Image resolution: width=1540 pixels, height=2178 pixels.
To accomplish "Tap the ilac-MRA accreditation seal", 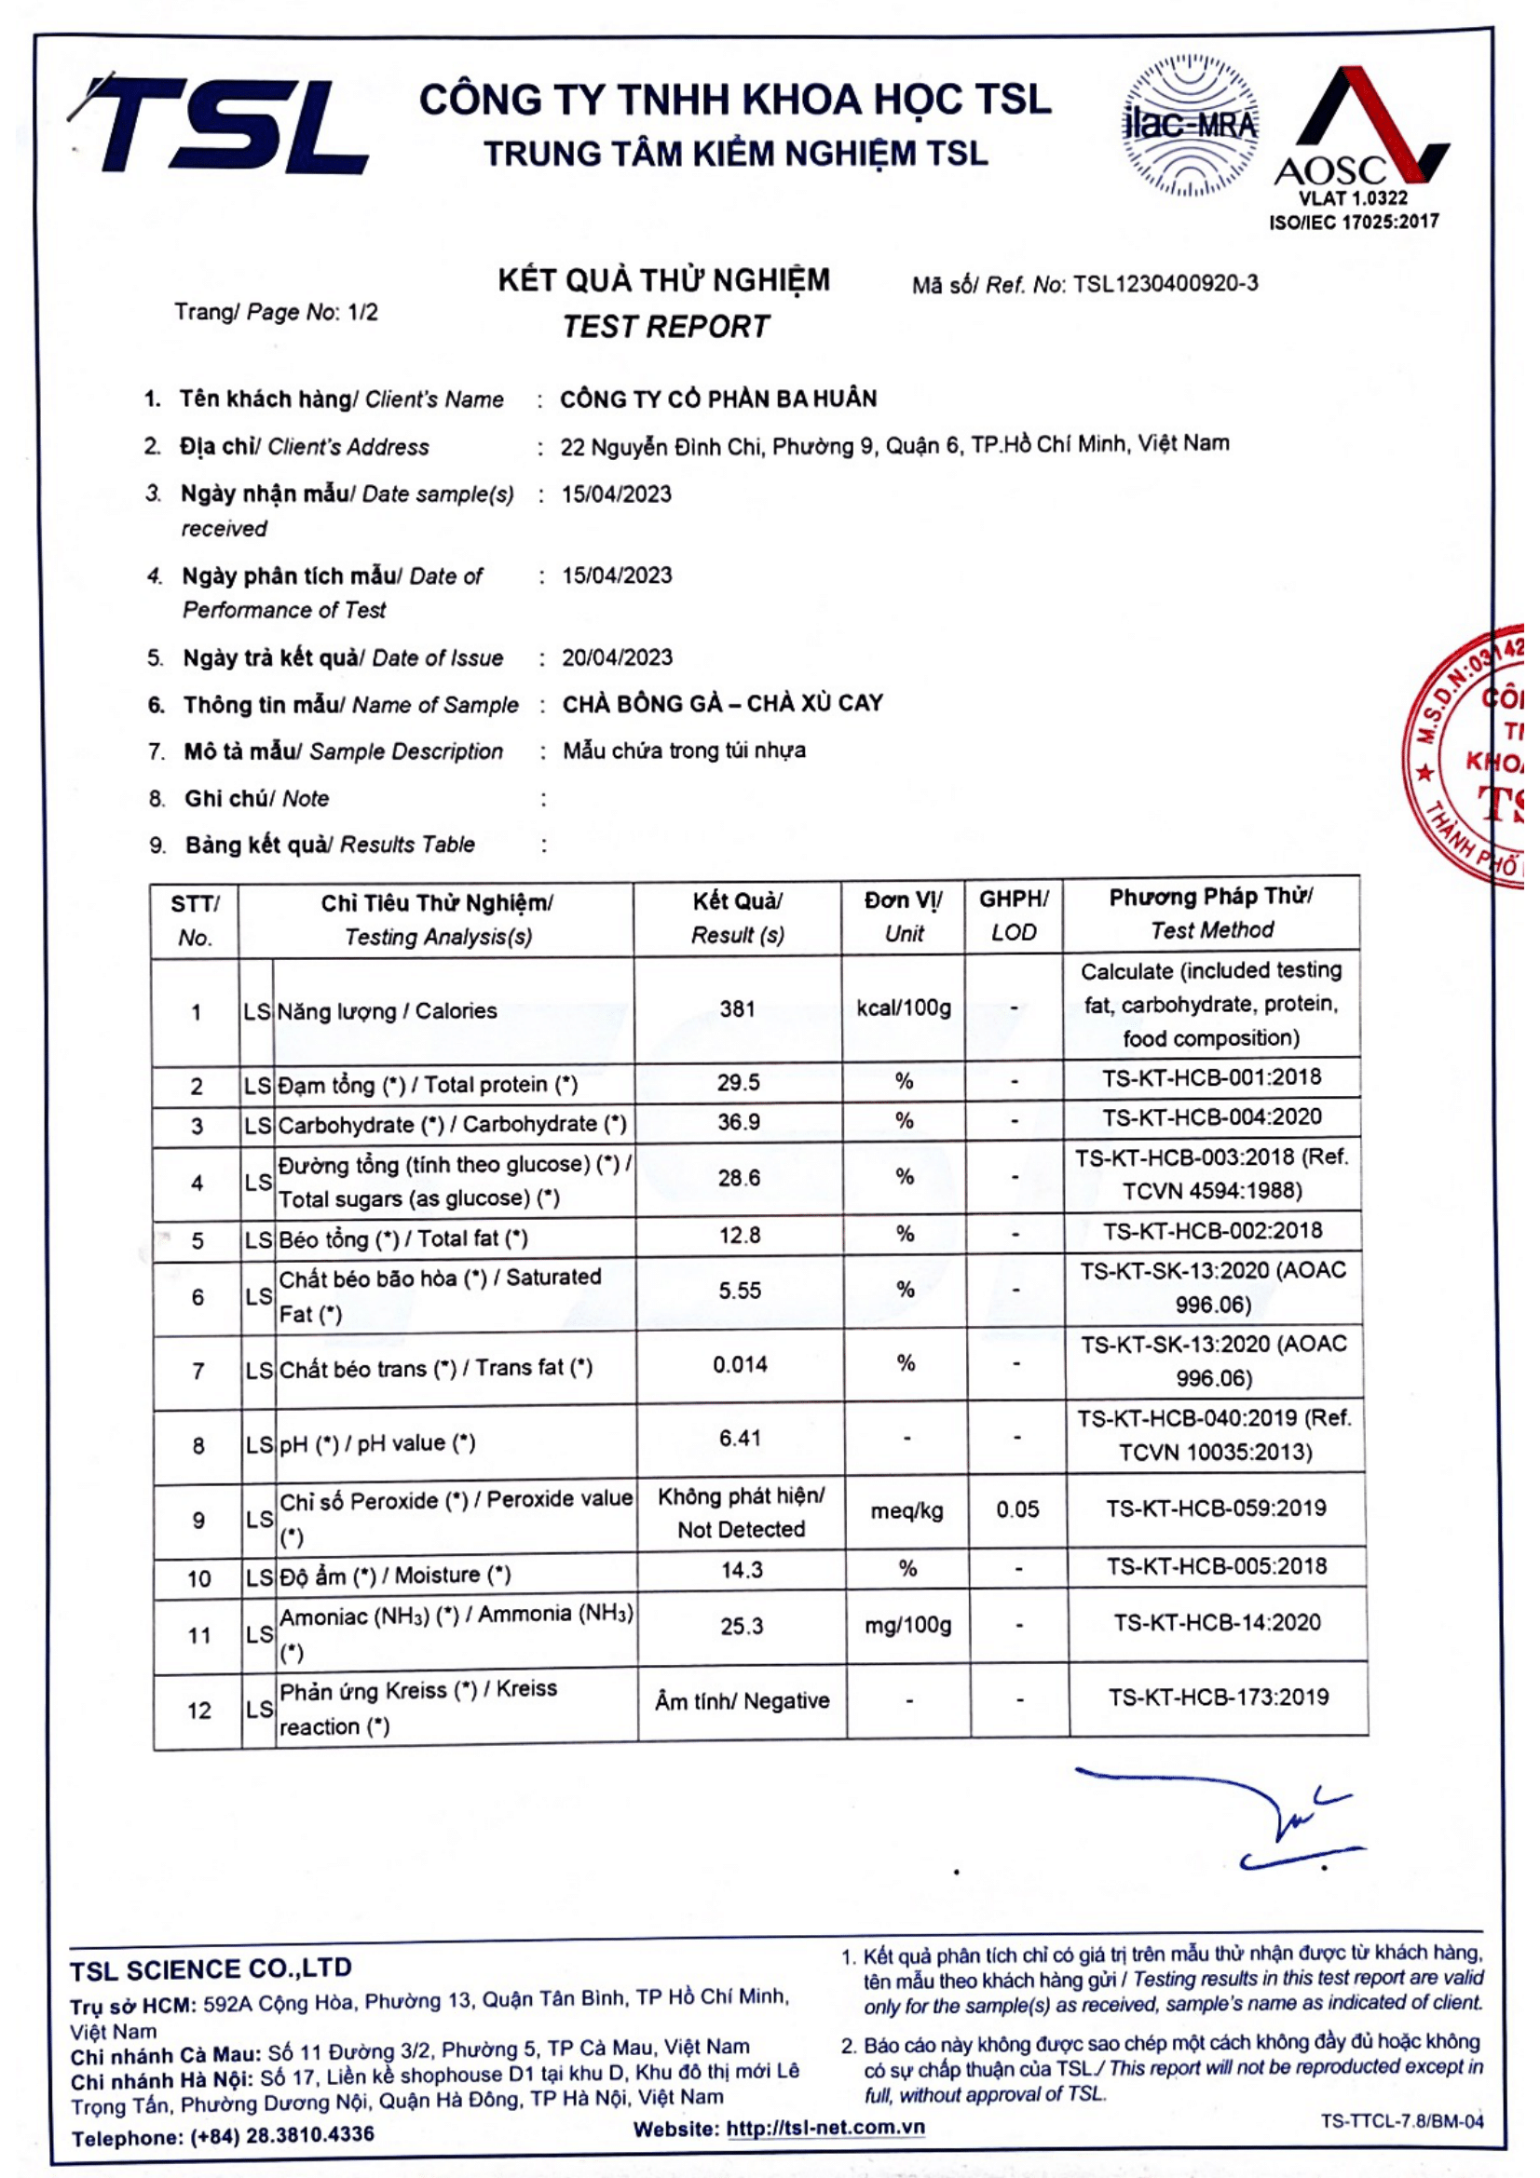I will click(1191, 126).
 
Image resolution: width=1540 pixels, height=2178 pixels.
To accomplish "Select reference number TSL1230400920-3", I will click(1165, 284).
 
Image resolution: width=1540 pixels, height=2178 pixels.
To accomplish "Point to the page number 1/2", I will click(362, 312).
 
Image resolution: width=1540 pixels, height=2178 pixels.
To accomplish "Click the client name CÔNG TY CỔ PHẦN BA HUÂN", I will click(718, 399).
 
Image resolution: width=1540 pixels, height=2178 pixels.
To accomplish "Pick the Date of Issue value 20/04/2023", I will click(617, 657).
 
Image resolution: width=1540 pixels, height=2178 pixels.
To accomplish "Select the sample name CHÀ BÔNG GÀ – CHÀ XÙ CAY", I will click(722, 704).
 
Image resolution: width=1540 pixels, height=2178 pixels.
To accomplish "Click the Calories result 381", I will click(737, 1008).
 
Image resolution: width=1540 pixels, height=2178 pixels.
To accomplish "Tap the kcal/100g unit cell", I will click(904, 1008).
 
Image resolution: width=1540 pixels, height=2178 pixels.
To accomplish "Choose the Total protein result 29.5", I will click(738, 1082).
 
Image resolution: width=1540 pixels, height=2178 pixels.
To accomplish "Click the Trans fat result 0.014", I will click(740, 1365).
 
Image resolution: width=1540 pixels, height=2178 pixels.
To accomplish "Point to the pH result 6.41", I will click(740, 1438).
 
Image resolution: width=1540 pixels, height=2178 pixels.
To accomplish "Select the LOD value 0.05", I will click(1017, 1509).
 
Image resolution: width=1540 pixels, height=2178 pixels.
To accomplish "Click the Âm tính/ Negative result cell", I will click(742, 1701).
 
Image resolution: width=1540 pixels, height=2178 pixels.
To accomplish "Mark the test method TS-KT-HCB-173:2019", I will click(1219, 1698).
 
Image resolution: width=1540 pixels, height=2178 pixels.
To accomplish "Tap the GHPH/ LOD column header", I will click(1014, 914).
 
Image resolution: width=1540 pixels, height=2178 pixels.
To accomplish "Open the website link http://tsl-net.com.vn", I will click(825, 2128).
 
